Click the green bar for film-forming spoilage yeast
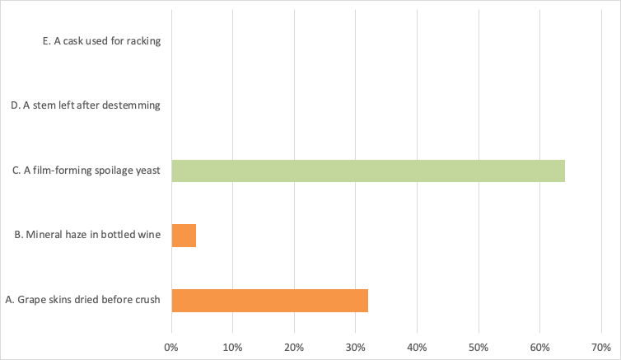[x=368, y=171]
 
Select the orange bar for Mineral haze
[x=184, y=236]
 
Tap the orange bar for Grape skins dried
[x=269, y=301]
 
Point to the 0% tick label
[x=171, y=348]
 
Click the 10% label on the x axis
[x=232, y=348]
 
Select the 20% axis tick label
[x=294, y=348]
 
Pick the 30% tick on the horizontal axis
[x=355, y=348]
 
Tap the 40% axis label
[x=417, y=348]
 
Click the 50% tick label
[x=479, y=348]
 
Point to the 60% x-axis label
[x=539, y=348]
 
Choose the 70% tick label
[x=601, y=348]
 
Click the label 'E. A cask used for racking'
[x=102, y=41]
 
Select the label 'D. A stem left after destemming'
[x=86, y=105]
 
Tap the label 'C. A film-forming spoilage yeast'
[x=86, y=171]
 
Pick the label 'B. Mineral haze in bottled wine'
[x=87, y=235]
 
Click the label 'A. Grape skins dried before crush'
[x=83, y=299]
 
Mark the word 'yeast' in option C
[x=148, y=171]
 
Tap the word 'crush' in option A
[x=147, y=299]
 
